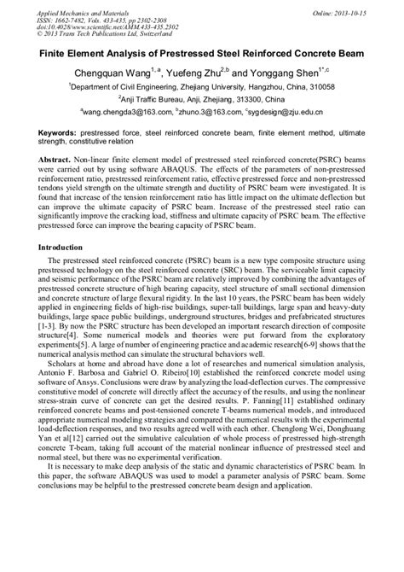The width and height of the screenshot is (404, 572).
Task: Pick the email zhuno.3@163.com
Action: tap(204, 112)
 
